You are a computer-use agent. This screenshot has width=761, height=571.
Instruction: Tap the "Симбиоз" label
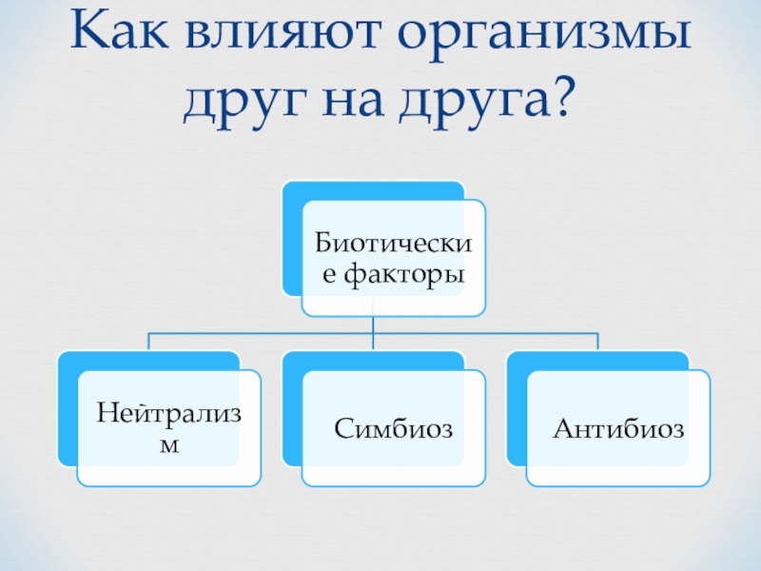coord(393,428)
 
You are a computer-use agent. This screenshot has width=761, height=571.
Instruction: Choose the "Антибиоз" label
coord(618,428)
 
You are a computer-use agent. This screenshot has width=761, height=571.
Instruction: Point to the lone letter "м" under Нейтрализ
coord(168,445)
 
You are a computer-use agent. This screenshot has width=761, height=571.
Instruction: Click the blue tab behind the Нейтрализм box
coord(67,409)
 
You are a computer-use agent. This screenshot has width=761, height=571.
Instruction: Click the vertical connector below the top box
coord(374,324)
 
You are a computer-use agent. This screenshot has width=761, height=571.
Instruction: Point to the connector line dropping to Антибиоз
coord(598,342)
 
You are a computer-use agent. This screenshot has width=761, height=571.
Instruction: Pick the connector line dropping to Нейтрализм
coord(149,342)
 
